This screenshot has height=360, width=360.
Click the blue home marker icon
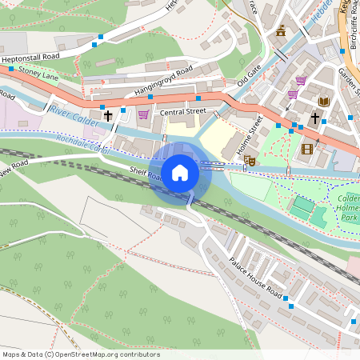(180, 172)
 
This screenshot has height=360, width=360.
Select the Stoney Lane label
(38, 74)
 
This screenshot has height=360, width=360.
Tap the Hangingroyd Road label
(164, 82)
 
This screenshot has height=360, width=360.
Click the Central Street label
(182, 112)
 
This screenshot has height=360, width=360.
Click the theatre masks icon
(249, 161)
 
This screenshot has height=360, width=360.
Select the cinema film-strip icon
(307, 148)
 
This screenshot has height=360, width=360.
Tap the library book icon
(324, 102)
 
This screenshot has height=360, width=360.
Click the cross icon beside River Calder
(107, 115)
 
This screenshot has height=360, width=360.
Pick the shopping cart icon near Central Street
(143, 114)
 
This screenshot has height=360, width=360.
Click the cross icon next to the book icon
(314, 118)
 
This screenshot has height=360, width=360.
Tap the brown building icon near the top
(281, 31)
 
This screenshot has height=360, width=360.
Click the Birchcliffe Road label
(353, 28)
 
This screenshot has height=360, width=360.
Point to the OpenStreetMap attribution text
(81, 354)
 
